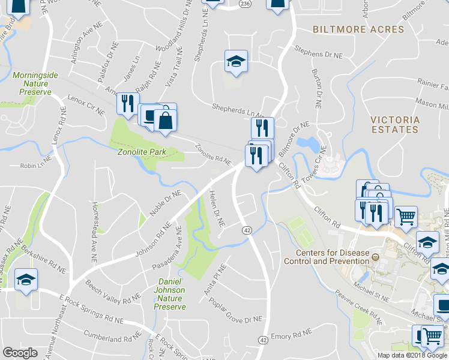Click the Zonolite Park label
pos(141,152)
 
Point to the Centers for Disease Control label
pos(331,257)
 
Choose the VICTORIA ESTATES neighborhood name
pos(394,124)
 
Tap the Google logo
pos(20,353)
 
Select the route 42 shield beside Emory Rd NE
pos(263,340)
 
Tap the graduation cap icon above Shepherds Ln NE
pos(236,61)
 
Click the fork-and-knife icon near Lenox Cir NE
pos(127,103)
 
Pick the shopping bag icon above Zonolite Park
pos(164,119)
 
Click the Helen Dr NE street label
pos(216,208)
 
